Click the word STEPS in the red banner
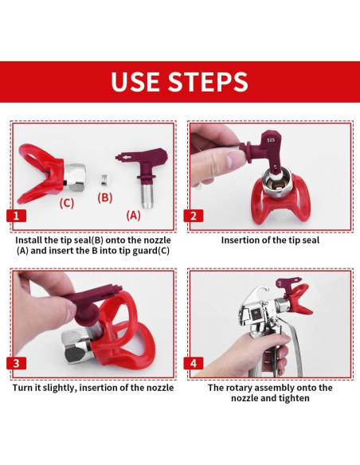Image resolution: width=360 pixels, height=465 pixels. [x=208, y=81]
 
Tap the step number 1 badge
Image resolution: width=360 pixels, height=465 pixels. [x=16, y=216]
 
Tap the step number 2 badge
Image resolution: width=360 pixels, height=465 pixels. [x=194, y=216]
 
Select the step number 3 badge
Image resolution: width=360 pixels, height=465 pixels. [x=16, y=363]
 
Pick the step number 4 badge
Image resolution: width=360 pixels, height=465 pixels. [x=194, y=363]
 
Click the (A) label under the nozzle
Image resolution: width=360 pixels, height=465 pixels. [x=134, y=215]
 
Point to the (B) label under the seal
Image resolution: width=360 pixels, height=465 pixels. [x=105, y=197]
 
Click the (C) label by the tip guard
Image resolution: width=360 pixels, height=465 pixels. [x=67, y=203]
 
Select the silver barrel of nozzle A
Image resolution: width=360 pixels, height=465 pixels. [x=147, y=196]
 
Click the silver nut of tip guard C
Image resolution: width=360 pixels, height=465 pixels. [x=75, y=177]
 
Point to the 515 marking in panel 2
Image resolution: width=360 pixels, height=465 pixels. [x=271, y=139]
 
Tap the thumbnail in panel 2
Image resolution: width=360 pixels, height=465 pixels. [x=232, y=161]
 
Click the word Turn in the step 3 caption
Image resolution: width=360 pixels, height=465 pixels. [x=22, y=388]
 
